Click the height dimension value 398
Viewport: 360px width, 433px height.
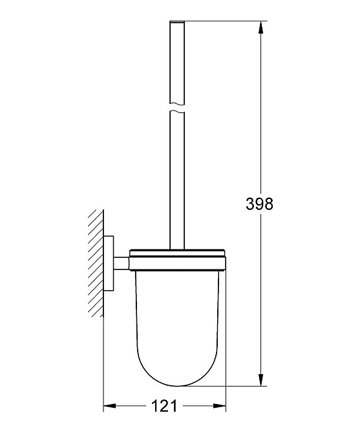260,204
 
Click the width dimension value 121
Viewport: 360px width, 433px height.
165,407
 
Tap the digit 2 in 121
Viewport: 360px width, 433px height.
165,407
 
